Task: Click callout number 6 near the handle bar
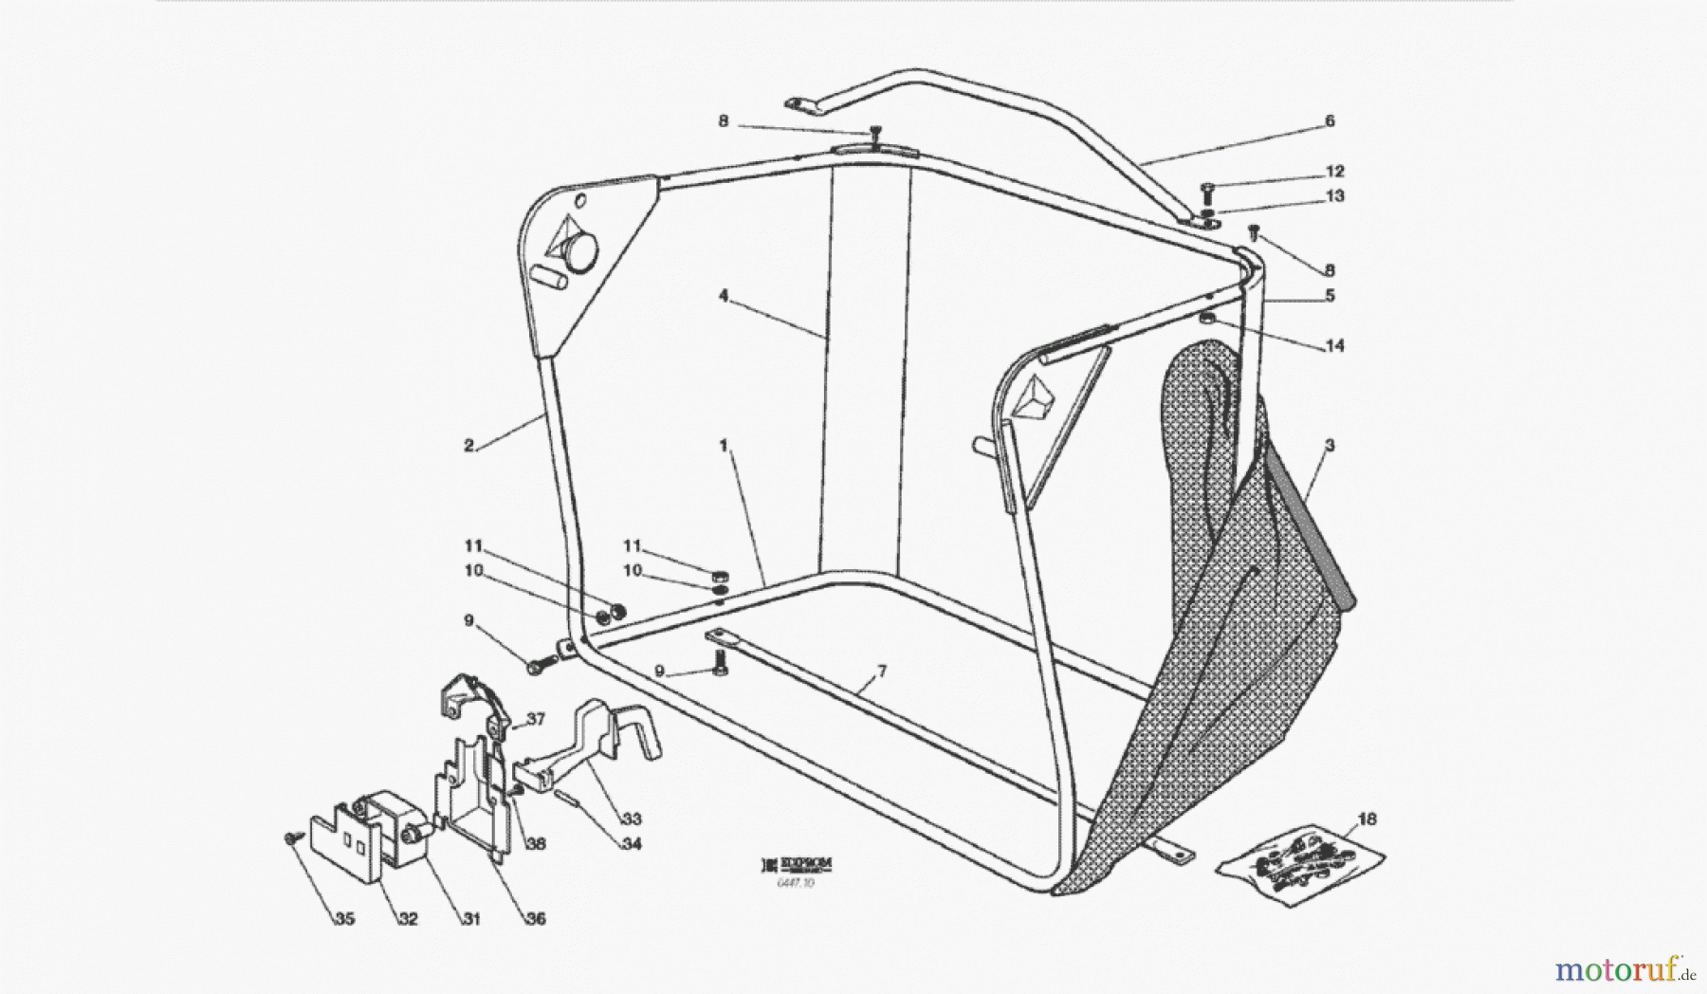1330,120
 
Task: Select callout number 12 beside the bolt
1334,172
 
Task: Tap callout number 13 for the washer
1334,196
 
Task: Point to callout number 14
1334,346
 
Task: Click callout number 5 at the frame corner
1330,296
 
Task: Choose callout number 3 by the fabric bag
1330,445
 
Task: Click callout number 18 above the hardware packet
1367,819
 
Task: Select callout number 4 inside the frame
724,296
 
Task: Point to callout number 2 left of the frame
469,446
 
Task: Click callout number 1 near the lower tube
724,446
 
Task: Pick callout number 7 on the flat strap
881,672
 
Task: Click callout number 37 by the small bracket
536,720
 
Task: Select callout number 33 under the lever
631,819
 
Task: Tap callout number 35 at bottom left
344,919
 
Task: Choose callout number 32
408,919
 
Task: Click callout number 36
536,919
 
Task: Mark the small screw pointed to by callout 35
288,838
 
